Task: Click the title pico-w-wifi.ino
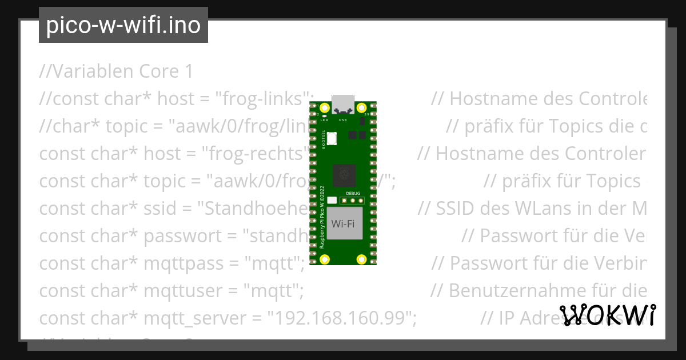(x=123, y=26)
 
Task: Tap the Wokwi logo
(x=608, y=315)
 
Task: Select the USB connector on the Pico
(x=343, y=105)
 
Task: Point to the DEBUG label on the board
(x=353, y=193)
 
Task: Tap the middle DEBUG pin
(x=353, y=201)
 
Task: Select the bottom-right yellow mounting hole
(x=361, y=259)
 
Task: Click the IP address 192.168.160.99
(x=343, y=318)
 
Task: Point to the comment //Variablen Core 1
(x=117, y=71)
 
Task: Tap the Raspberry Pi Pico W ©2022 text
(x=322, y=217)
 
